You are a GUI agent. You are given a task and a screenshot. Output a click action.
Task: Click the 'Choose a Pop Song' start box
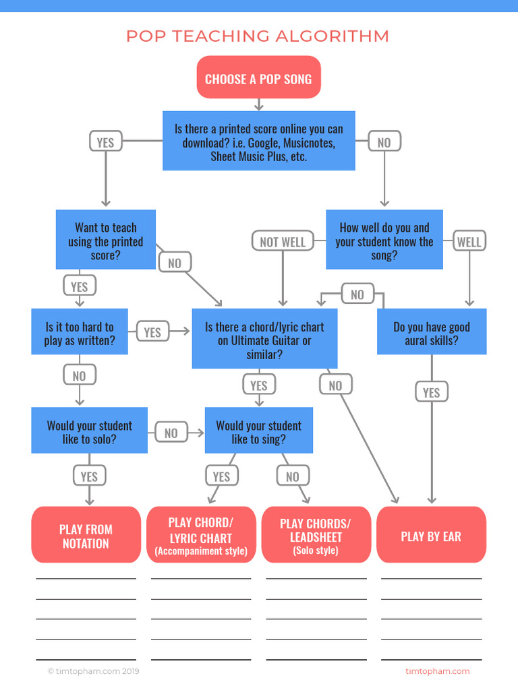coord(258,79)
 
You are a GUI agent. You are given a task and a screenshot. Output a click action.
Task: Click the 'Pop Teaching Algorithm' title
coord(258,36)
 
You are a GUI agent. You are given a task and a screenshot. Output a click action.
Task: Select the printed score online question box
coord(258,142)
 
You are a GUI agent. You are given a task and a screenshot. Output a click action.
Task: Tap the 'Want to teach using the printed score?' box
coord(105,241)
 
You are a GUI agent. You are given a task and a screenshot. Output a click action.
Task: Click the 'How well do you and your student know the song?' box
coord(384,241)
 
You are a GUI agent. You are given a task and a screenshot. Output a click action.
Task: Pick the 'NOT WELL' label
coord(283,241)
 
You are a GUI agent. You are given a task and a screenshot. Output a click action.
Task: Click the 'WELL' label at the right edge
coord(469,241)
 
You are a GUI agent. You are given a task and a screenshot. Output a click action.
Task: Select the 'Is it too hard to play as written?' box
coord(79,333)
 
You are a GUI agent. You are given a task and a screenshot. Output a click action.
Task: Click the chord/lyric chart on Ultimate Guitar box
coord(264,340)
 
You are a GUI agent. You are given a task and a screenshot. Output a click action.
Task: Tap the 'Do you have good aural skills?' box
coord(431,333)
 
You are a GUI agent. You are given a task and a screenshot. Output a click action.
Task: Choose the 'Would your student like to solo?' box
coord(89,431)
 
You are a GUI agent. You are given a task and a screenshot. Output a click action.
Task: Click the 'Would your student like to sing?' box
coord(258,431)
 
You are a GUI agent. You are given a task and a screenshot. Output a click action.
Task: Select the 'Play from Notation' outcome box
coord(86,536)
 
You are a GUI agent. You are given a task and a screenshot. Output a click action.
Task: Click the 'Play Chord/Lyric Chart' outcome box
coord(201,536)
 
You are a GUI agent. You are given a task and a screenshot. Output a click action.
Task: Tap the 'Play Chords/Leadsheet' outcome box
coord(316,536)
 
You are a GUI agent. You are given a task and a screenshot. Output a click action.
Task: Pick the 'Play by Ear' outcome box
coord(431,536)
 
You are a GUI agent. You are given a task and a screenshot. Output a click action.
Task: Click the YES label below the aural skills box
coord(431,392)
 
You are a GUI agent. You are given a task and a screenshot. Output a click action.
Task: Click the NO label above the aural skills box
coord(357,294)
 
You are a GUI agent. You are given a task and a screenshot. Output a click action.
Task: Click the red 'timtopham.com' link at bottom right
coord(437,671)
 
